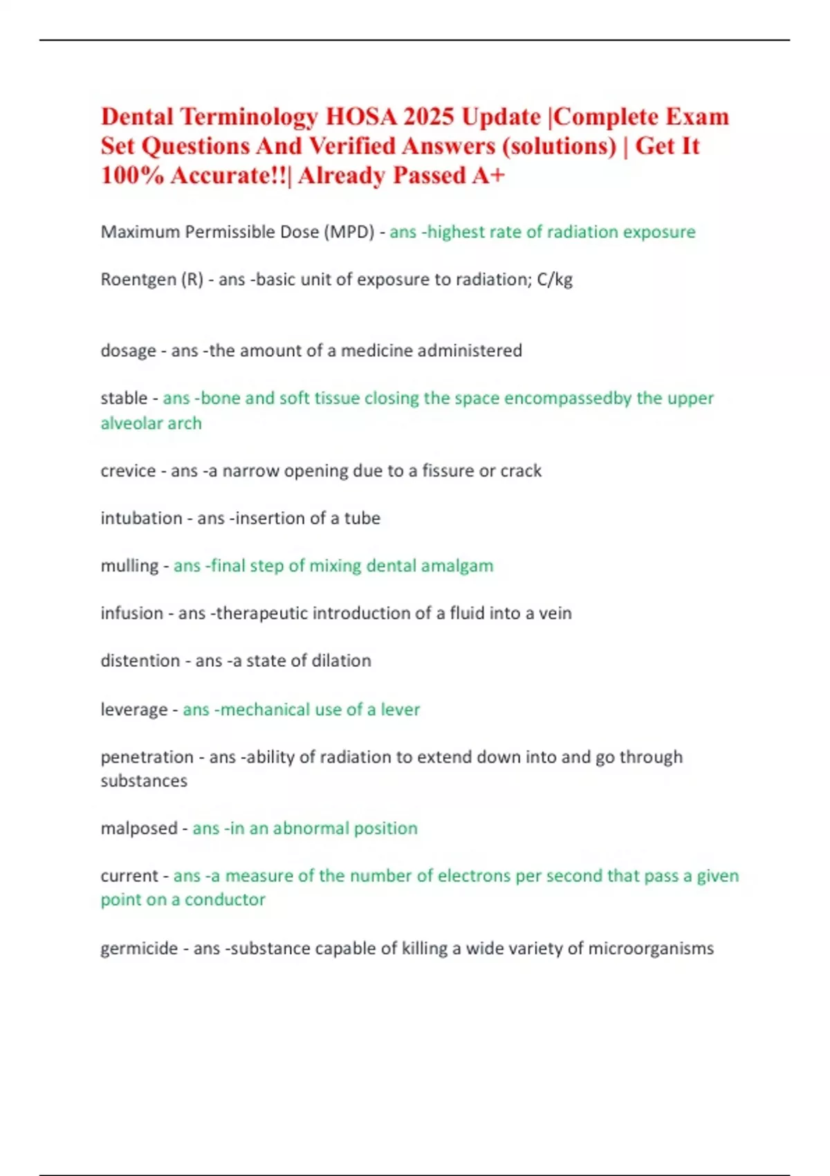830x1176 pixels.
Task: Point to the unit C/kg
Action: pos(555,279)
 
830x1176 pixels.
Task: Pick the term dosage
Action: pos(128,351)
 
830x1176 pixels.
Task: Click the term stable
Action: pos(124,398)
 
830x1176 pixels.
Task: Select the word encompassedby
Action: pos(567,398)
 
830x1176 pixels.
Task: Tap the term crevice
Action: pos(128,471)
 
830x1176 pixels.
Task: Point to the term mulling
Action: pos(129,566)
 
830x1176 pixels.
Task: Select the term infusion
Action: pos(131,614)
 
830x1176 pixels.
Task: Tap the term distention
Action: pos(140,661)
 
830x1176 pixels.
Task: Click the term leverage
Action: pos(134,710)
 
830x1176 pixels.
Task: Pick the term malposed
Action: pos(139,828)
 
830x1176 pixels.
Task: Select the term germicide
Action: pos(139,948)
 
